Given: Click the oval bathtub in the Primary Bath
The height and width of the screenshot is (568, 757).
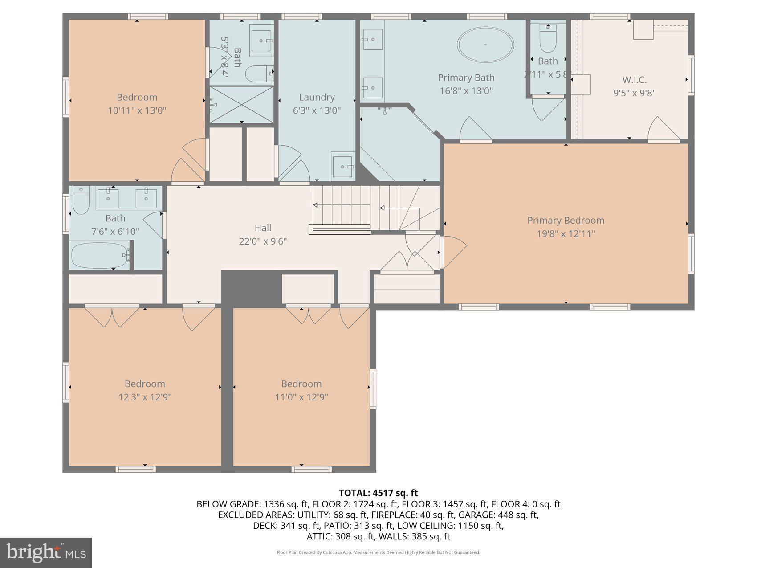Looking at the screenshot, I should coord(485,45).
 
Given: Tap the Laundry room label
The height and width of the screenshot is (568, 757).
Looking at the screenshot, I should coord(317,97).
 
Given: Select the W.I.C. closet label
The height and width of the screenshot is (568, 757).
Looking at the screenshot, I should coord(634,80).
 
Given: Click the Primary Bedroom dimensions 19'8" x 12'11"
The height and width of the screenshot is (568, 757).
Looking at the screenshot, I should coord(566,234).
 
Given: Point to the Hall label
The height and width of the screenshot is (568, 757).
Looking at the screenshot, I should coord(263,228).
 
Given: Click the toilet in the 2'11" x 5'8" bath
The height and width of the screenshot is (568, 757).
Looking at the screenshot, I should coord(547,40).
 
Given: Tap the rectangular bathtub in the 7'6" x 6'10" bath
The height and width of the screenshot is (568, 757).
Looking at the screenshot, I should coord(100,255).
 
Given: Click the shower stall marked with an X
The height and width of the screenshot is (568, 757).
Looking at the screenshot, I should coord(241,104).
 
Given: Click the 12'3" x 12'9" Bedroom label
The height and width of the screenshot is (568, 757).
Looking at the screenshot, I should coord(145,384).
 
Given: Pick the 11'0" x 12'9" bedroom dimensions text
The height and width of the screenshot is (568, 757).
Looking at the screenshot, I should coord(301,397).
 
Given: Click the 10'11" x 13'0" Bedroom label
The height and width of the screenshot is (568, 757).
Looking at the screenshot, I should coord(137,98).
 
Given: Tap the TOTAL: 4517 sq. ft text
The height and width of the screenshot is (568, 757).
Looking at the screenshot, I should coord(378,493).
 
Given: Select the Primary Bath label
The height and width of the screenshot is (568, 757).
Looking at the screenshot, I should coord(466,78).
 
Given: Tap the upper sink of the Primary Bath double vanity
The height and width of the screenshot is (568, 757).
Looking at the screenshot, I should coord(372,40).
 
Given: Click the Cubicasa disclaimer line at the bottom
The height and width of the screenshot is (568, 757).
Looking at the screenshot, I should coord(378,552).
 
